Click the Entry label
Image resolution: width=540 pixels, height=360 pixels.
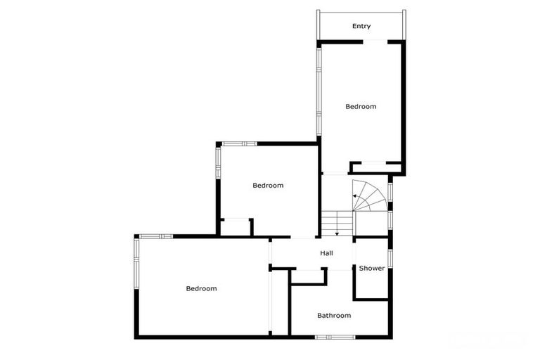361,27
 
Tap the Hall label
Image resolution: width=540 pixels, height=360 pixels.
326,253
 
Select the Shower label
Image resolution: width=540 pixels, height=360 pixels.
372,269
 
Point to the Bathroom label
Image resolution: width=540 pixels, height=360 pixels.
333,316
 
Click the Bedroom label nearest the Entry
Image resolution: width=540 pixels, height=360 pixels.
361,107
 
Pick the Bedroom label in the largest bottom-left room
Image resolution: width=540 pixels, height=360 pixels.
201,288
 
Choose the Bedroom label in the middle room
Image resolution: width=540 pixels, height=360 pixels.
268,186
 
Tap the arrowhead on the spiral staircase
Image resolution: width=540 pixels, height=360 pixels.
354,195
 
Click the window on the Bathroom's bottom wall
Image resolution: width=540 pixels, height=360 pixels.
335,337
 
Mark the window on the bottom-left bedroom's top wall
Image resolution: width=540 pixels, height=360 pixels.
156,236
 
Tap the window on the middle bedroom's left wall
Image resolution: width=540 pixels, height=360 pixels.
218,162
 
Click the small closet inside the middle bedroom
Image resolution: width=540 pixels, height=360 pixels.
236,228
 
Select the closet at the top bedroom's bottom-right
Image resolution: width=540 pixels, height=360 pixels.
376,167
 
